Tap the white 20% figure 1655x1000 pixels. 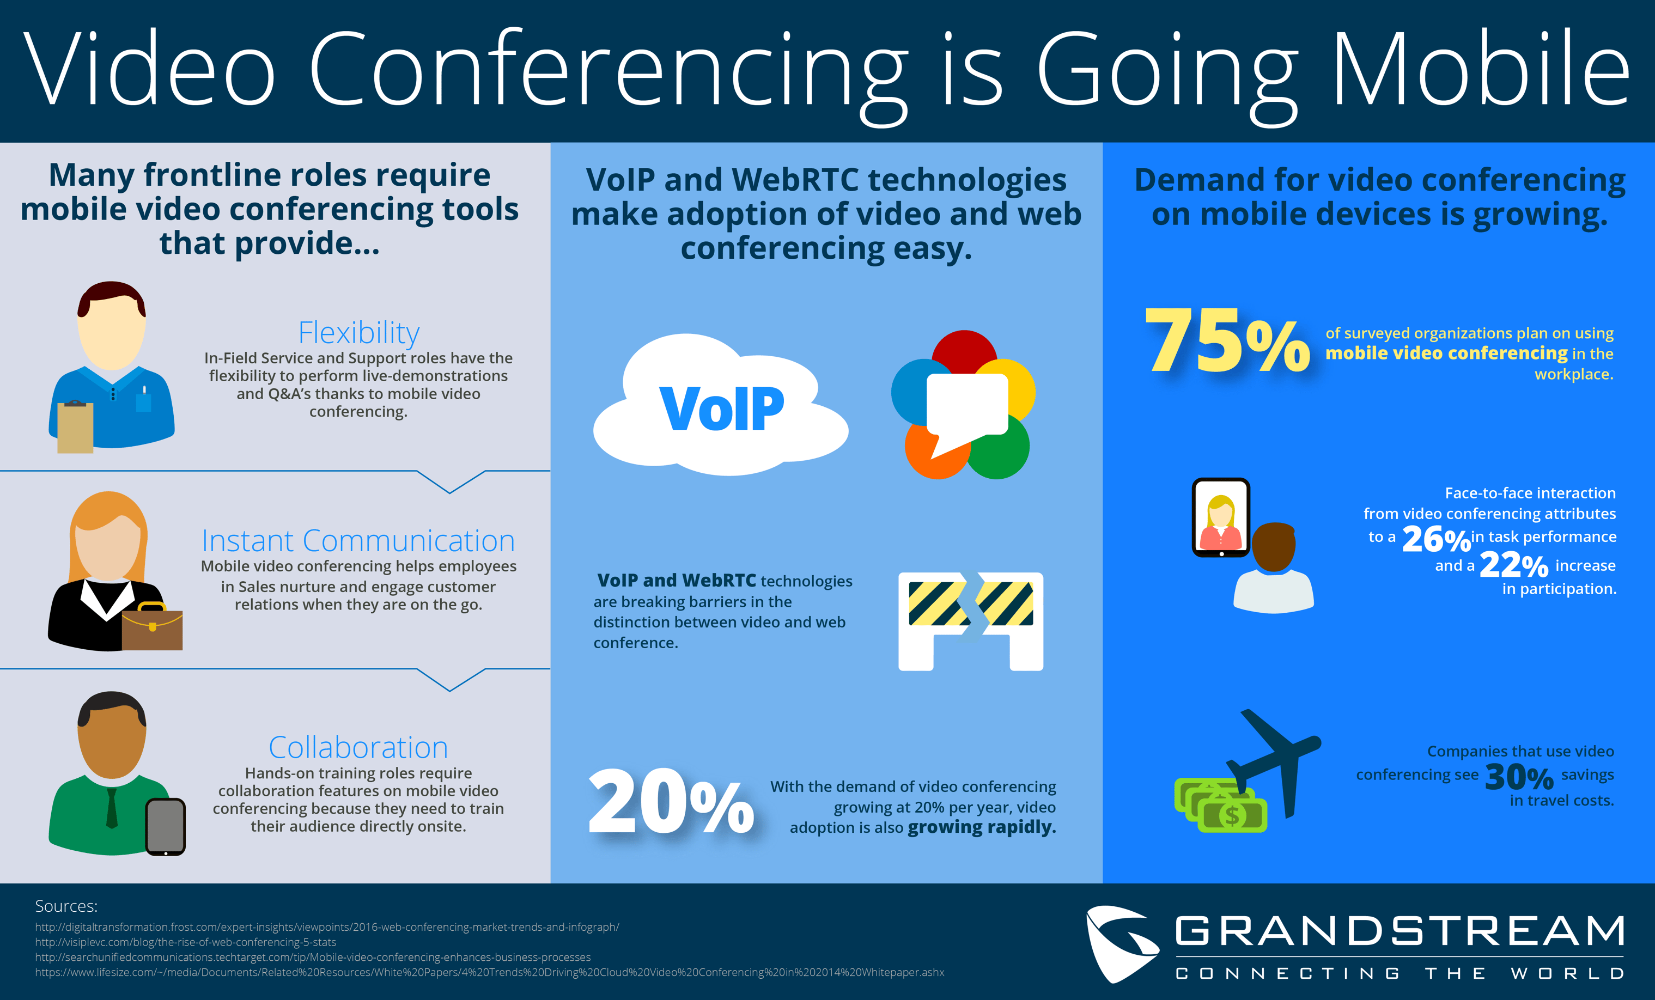point(670,802)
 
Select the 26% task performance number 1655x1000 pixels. point(1435,539)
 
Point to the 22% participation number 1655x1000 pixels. point(1513,565)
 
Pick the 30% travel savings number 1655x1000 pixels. point(1519,777)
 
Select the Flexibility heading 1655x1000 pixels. point(358,332)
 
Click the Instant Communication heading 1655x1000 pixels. point(358,541)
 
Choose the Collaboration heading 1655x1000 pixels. point(358,747)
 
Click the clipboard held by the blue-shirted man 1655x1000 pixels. point(75,427)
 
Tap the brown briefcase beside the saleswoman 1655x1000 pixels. point(153,629)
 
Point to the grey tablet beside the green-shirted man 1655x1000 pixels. point(165,827)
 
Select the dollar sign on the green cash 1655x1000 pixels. point(1232,816)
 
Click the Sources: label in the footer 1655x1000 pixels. point(66,906)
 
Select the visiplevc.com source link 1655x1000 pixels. point(185,942)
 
